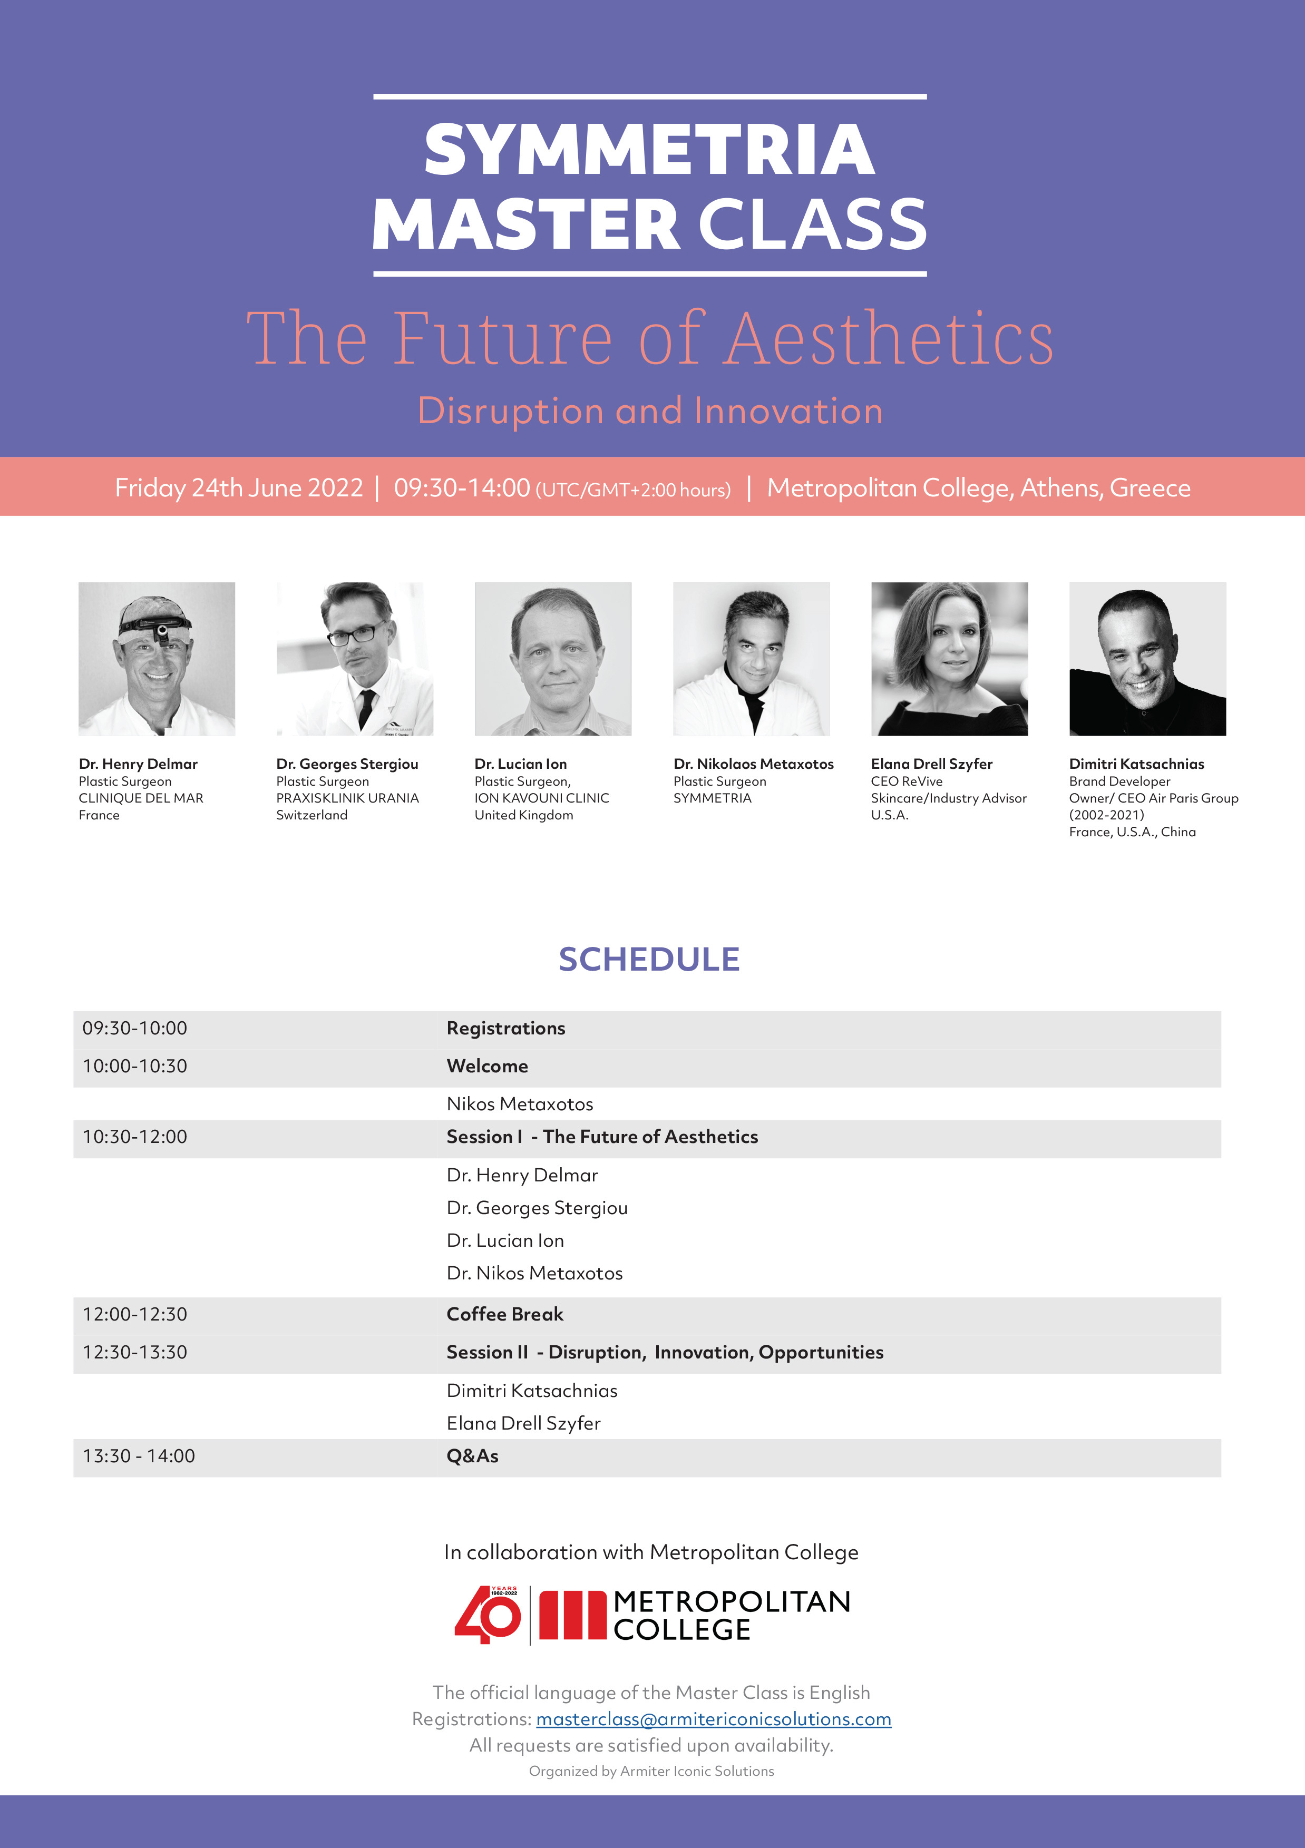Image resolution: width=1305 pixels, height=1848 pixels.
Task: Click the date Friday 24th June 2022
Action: pos(239,488)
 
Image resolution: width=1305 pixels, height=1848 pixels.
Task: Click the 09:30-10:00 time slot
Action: pos(134,1028)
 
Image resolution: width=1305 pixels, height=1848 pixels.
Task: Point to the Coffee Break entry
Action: pos(505,1314)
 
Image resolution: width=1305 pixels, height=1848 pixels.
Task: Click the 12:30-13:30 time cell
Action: pos(134,1352)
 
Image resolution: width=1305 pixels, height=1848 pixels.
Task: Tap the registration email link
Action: pos(713,1719)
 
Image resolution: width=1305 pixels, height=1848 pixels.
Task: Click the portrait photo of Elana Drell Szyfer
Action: pos(949,659)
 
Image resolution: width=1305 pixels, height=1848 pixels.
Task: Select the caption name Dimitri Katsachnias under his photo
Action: pos(1137,764)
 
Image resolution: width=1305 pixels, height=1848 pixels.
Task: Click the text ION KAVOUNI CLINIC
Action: pos(542,798)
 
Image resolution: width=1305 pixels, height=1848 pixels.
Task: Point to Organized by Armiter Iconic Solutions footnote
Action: pos(651,1771)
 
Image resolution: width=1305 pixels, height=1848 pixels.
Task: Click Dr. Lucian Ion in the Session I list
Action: pos(505,1240)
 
